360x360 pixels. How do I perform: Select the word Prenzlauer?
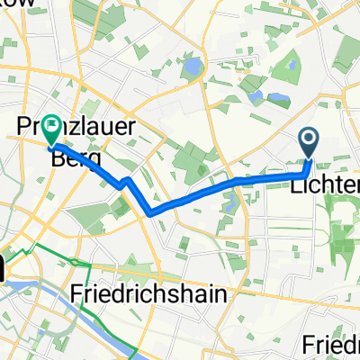click(x=85, y=129)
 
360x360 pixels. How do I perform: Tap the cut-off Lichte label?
click(x=325, y=184)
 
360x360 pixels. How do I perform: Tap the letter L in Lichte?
click(x=296, y=184)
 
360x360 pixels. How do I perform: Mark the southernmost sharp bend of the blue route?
click(x=154, y=212)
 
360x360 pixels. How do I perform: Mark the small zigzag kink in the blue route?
click(x=127, y=183)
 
